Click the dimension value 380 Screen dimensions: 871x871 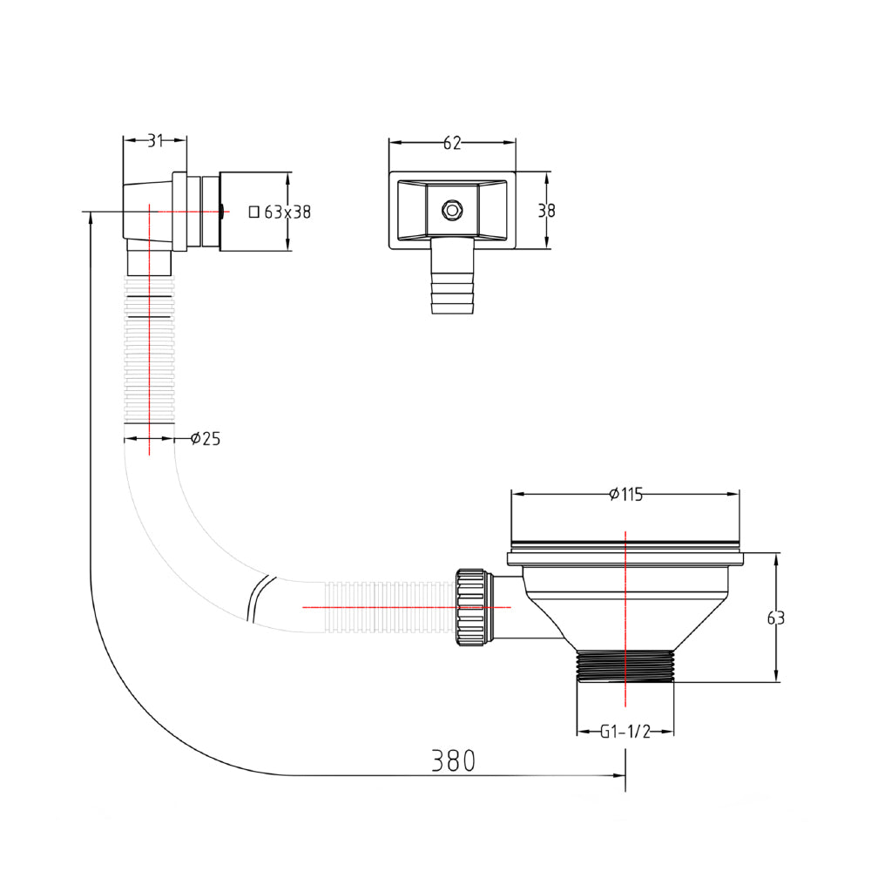pos(454,760)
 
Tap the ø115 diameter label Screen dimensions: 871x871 pos(625,495)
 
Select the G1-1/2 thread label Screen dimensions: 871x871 pos(625,732)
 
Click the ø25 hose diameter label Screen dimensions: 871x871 pos(206,438)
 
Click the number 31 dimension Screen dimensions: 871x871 pos(154,140)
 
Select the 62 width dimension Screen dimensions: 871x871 pos(451,144)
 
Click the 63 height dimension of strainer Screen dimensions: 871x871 pos(775,618)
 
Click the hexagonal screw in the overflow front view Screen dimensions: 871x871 pos(451,210)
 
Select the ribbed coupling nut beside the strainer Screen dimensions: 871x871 pos(469,607)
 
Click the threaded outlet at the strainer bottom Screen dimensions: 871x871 pos(625,666)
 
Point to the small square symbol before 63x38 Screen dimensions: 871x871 pos(253,211)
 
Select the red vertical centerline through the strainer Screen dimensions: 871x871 pos(625,610)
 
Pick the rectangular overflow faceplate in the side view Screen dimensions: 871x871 pos(253,212)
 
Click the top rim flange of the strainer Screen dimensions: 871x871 pos(625,550)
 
